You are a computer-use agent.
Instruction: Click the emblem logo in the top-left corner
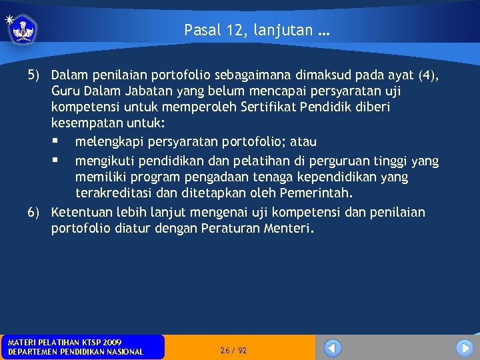(x=23, y=29)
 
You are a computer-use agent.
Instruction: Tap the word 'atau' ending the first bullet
(x=303, y=142)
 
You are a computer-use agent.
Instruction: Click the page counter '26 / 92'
(x=233, y=350)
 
